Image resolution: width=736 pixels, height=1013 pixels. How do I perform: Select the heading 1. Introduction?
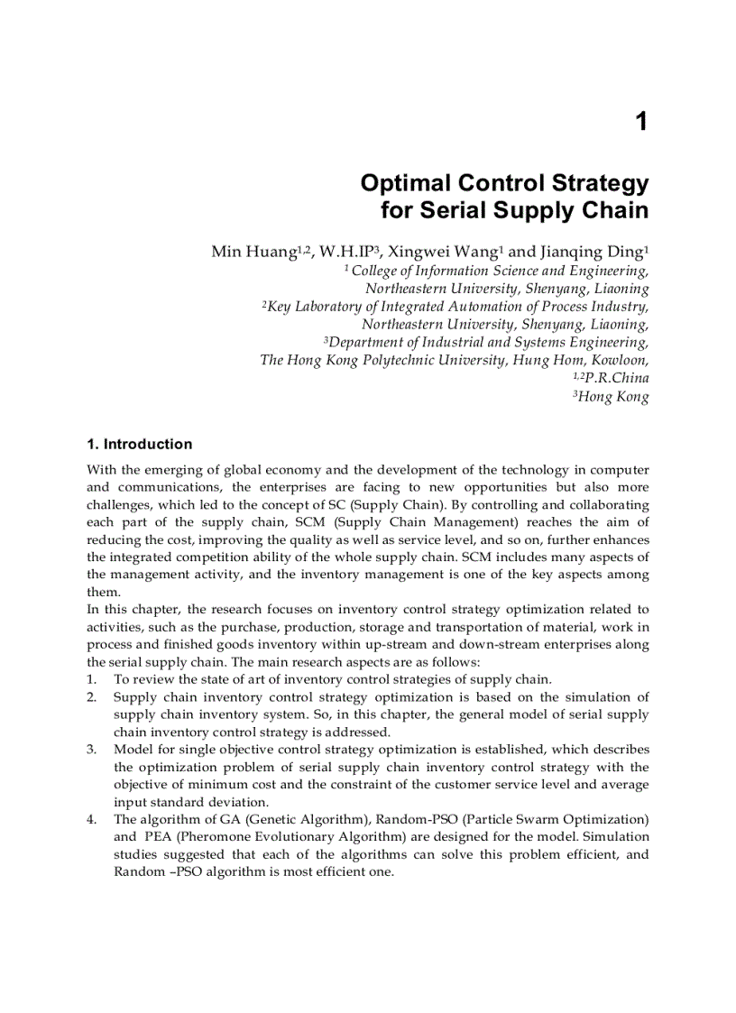pyautogui.click(x=139, y=444)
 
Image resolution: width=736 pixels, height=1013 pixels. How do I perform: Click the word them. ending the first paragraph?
pyautogui.click(x=104, y=592)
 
